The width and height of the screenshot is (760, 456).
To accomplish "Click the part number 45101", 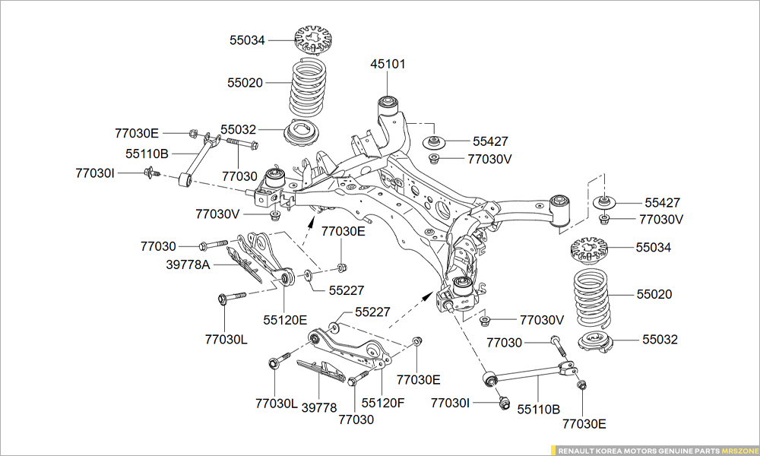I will pyautogui.click(x=388, y=64).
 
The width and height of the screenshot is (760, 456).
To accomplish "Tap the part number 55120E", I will pyautogui.click(x=286, y=319).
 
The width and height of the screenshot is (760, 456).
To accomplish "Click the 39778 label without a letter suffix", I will pyautogui.click(x=319, y=408).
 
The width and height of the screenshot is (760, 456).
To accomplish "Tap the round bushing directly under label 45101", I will pyautogui.click(x=388, y=101).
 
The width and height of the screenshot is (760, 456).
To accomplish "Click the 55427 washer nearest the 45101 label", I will pyautogui.click(x=433, y=143).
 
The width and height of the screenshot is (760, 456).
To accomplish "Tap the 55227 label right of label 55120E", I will pyautogui.click(x=347, y=290).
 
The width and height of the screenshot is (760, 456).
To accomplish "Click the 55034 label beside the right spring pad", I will pyautogui.click(x=654, y=248).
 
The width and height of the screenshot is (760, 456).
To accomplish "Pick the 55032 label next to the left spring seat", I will pyautogui.click(x=239, y=130).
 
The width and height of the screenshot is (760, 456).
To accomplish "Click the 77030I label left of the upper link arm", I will pyautogui.click(x=95, y=173).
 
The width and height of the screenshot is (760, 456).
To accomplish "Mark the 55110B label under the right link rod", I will pyautogui.click(x=539, y=409).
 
